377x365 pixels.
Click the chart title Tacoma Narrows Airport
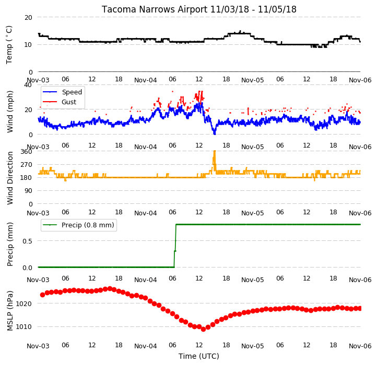pos(154,9)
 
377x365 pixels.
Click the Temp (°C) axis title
pos(9,45)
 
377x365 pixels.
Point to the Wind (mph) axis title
pos(10,112)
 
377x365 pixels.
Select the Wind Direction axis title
pos(10,178)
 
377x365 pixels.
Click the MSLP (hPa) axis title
pos(10,311)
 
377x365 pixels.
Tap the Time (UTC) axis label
pos(199,356)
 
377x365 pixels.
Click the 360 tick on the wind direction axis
pos(27,152)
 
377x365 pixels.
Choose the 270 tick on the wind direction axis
pos(27,165)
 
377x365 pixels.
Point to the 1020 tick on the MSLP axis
pos(23,304)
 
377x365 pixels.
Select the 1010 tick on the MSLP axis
pos(23,327)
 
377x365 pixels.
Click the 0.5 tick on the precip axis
pos(27,241)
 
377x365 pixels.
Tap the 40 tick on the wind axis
pos(28,85)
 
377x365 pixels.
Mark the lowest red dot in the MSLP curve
pos(204,329)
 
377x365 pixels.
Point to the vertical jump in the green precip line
pos(175,246)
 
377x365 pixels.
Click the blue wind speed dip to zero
pos(215,131)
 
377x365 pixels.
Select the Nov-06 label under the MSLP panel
pos(360,346)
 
